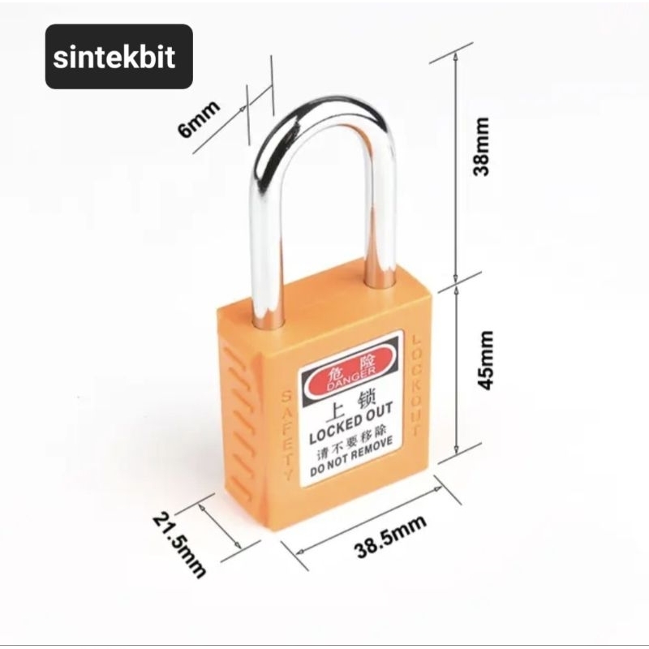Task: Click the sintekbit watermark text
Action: click(118, 58)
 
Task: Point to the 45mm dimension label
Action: click(485, 359)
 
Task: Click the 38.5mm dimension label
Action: click(390, 539)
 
